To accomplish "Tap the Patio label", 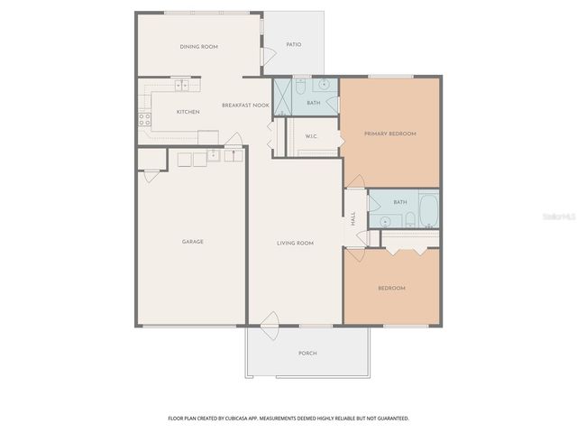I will tap(294, 44).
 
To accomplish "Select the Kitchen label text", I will tap(188, 112).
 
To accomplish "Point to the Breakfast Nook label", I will tap(246, 106).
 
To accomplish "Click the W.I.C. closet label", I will tap(312, 136).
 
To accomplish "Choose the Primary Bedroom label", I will tap(390, 134).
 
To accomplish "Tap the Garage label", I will tap(192, 242).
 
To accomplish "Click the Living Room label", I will tap(294, 243).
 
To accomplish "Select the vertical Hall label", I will tap(353, 219).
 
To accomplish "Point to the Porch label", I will tap(307, 353).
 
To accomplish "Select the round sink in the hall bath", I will tap(385, 220).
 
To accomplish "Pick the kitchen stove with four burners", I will tap(143, 118).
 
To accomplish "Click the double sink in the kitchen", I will tap(183, 86).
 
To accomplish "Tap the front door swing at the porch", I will tap(269, 320).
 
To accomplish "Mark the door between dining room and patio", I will tap(267, 54).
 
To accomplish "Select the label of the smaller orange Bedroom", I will tap(391, 288).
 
